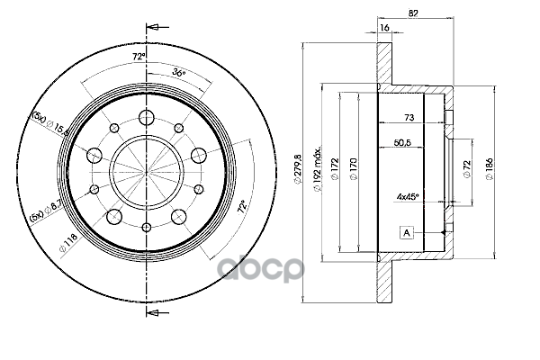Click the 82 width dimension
click(413, 13)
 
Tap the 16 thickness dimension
click(384, 28)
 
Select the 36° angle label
click(179, 72)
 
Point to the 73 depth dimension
click(409, 118)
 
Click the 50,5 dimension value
click(402, 142)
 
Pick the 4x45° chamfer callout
click(408, 197)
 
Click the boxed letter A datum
click(407, 232)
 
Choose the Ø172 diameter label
click(335, 168)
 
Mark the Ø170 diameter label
click(354, 169)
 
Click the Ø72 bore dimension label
click(467, 169)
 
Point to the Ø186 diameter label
click(490, 169)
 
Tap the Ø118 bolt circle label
click(68, 243)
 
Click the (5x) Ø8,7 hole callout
click(45, 211)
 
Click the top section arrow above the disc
click(157, 27)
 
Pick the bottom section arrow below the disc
click(157, 313)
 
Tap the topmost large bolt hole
click(147, 118)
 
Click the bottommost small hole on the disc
click(147, 227)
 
